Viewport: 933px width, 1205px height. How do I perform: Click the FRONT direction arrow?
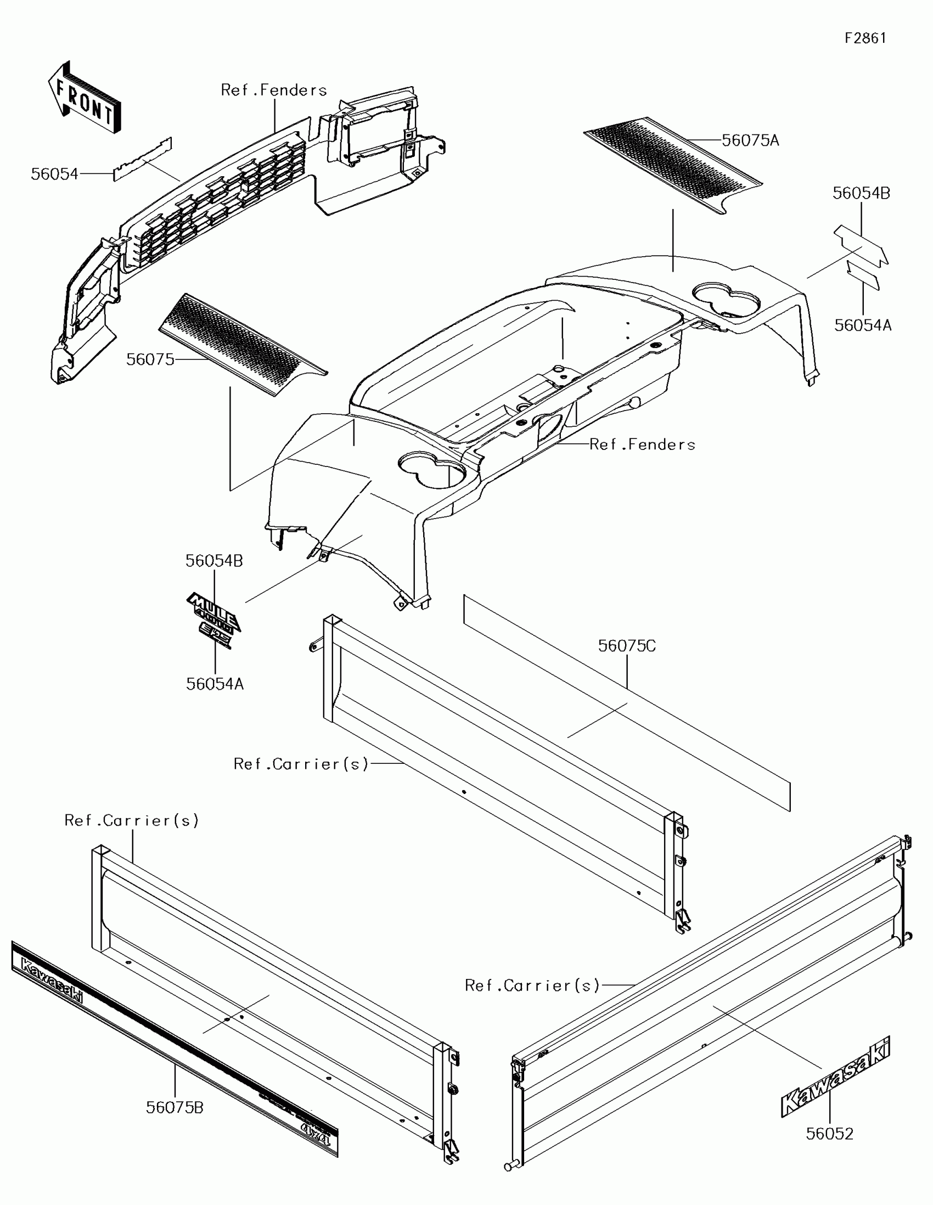pos(85,98)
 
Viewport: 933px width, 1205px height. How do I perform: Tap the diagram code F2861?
pos(865,38)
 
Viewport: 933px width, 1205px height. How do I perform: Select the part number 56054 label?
pos(55,174)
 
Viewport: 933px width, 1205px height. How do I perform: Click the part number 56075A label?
pos(750,140)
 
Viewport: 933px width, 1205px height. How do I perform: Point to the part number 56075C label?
pos(627,646)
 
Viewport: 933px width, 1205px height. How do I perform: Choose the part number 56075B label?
pos(175,1107)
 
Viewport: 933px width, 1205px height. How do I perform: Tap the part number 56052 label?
pos(829,1134)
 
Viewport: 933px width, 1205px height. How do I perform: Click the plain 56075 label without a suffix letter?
pos(150,360)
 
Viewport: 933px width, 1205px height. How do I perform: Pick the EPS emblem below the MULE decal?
pos(216,635)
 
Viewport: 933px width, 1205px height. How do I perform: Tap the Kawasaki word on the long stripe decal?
pos(52,979)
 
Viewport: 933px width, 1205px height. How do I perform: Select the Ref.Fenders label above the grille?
pos(274,90)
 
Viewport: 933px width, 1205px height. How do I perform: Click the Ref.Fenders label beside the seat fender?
pos(642,444)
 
